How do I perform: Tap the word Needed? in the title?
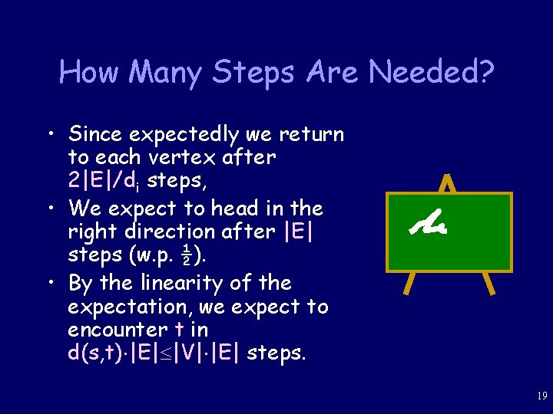[432, 73]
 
